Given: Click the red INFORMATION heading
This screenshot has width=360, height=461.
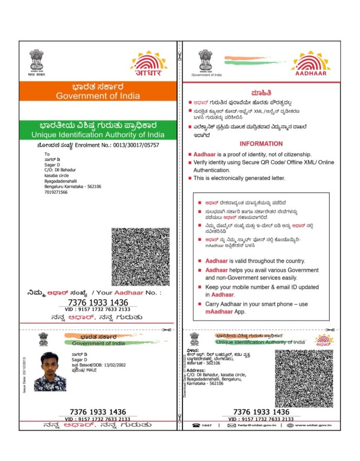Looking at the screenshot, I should tap(261, 144).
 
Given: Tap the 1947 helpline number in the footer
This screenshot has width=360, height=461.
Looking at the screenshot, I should tap(206, 426).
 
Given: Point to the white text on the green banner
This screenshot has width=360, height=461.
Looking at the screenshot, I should tap(98, 130).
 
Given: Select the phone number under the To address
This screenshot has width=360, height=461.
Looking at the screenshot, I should tap(56, 192).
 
